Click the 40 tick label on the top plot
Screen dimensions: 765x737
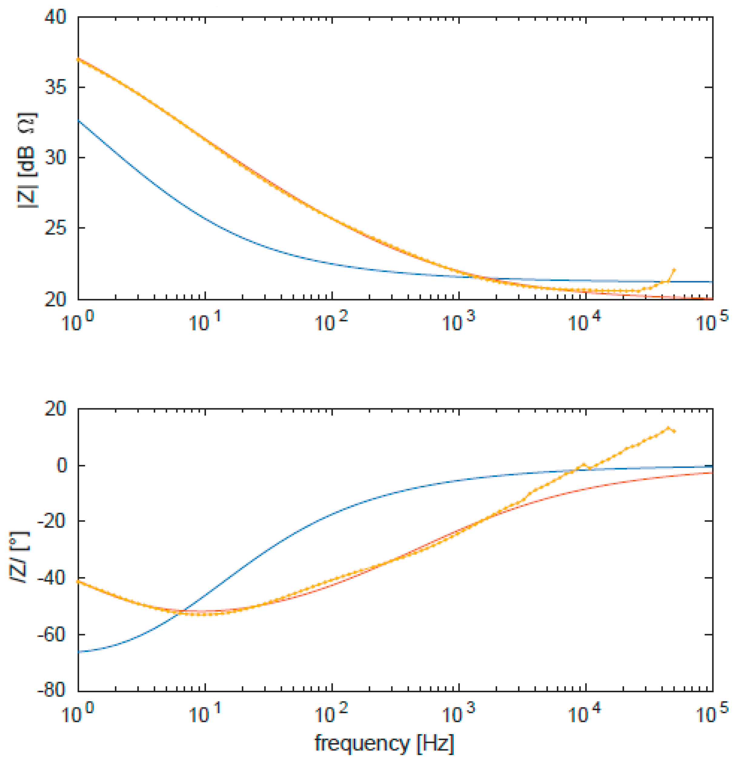[55, 18]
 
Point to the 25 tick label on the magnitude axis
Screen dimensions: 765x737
[55, 228]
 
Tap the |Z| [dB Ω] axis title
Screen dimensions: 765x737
[27, 160]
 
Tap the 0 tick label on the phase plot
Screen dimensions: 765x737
[62, 466]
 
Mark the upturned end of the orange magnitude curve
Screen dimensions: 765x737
[674, 270]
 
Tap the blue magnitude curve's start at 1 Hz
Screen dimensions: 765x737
[79, 121]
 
